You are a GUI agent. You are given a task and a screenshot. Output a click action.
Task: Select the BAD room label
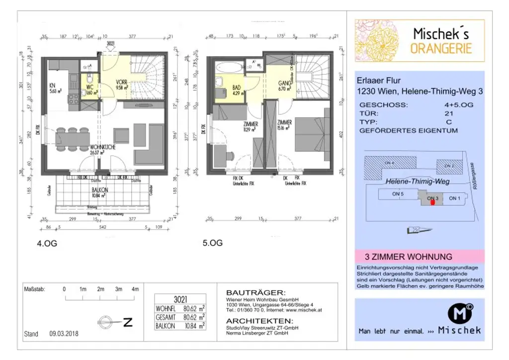pyautogui.click(x=237, y=90)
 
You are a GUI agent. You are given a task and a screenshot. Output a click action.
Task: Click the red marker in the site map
pyautogui.click(x=432, y=201)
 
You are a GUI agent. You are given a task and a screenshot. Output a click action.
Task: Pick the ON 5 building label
pyautogui.click(x=398, y=194)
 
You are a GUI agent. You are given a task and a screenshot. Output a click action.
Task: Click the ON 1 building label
pyautogui.click(x=455, y=198)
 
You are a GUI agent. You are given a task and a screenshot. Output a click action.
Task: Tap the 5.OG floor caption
pyautogui.click(x=212, y=243)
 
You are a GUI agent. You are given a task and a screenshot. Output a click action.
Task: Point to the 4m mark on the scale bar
pyautogui.click(x=134, y=289)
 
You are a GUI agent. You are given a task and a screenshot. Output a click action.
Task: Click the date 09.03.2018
pyautogui.click(x=64, y=334)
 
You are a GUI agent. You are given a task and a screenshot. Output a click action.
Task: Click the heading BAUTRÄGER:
pyautogui.click(x=255, y=292)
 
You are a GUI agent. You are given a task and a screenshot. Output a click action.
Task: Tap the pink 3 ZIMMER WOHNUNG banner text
pyautogui.click(x=409, y=257)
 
